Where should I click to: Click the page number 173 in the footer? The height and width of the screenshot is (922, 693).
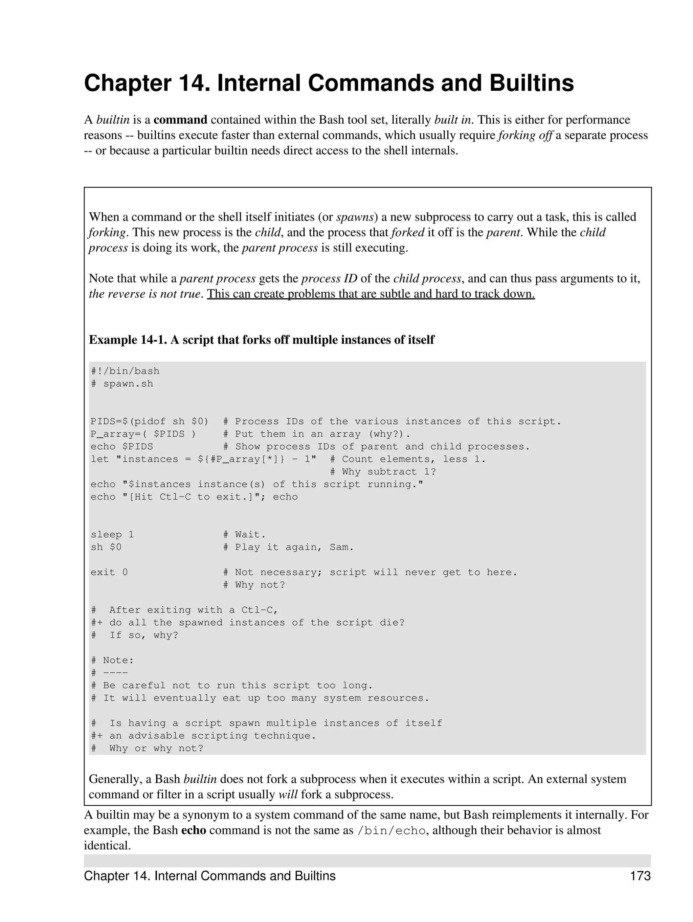tap(640, 876)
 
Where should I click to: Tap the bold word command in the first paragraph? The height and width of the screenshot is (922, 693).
tap(180, 120)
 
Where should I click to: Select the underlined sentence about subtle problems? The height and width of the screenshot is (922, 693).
tap(371, 294)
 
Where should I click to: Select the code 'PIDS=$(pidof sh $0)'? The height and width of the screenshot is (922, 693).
tap(149, 421)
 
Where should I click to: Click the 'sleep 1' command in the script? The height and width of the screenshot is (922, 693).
tap(112, 534)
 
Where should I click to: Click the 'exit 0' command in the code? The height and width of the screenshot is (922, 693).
tap(109, 572)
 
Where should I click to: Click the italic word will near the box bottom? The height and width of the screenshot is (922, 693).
tap(288, 794)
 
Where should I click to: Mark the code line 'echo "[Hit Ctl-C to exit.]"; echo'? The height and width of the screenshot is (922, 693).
tap(194, 497)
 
